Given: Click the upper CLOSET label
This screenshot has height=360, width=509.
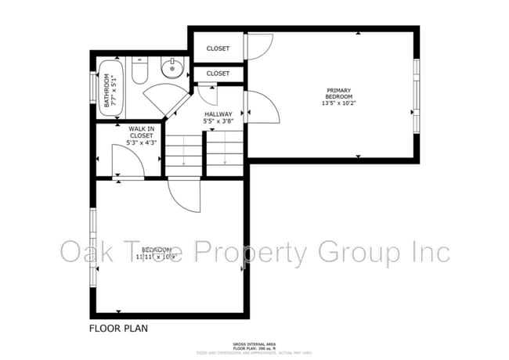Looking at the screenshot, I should pos(218,49).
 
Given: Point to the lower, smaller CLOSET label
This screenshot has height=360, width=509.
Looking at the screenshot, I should pos(218,74).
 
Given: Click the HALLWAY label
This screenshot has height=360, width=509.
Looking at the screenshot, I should pos(218,114).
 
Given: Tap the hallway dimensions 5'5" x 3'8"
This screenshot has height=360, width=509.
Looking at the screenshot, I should pos(218,122).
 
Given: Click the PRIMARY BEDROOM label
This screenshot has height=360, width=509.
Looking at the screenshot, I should pos(338,93).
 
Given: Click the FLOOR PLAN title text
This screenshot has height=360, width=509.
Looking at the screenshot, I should pos(118,328).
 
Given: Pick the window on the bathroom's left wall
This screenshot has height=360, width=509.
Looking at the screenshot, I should pos(94,90).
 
